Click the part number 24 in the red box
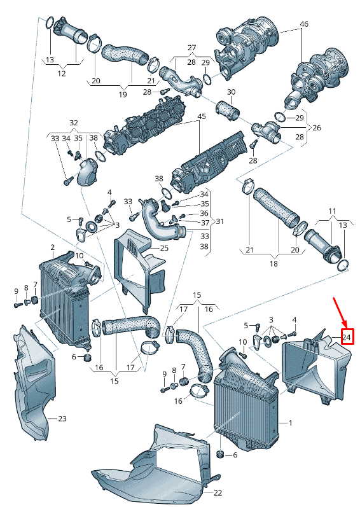point(347,336)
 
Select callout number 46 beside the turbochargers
point(303,24)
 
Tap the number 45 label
point(202,116)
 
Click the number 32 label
point(74,123)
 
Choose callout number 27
point(192,48)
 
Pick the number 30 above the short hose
point(231,92)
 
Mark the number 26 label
point(316,128)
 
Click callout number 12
point(62,74)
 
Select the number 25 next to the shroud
point(163,247)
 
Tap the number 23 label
point(62,419)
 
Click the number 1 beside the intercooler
point(290,422)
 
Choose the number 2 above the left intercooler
point(53,247)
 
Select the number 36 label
point(204,213)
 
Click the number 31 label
point(220,221)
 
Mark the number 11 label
point(332,210)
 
